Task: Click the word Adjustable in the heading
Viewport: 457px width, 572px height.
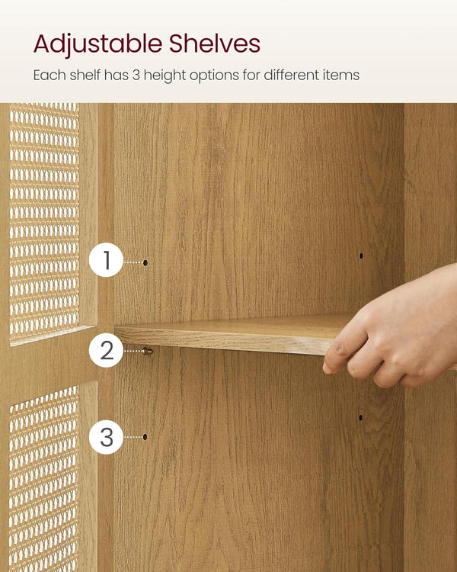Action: coord(97,44)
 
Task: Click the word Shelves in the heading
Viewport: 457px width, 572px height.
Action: coord(215,43)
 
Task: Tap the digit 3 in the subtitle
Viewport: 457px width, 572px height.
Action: coord(136,76)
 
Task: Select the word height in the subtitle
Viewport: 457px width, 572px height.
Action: coord(165,76)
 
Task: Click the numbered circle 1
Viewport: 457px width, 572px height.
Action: coord(107,260)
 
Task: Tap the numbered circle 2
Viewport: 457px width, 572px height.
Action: coord(107,350)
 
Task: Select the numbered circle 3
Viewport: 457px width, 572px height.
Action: coord(107,437)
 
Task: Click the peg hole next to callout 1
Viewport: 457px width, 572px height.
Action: coord(145,262)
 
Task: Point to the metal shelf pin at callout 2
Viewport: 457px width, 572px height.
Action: coord(148,352)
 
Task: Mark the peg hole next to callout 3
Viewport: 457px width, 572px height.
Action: coord(145,437)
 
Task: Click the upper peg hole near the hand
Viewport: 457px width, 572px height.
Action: coord(361,255)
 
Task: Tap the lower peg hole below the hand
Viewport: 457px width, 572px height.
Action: coord(361,418)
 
